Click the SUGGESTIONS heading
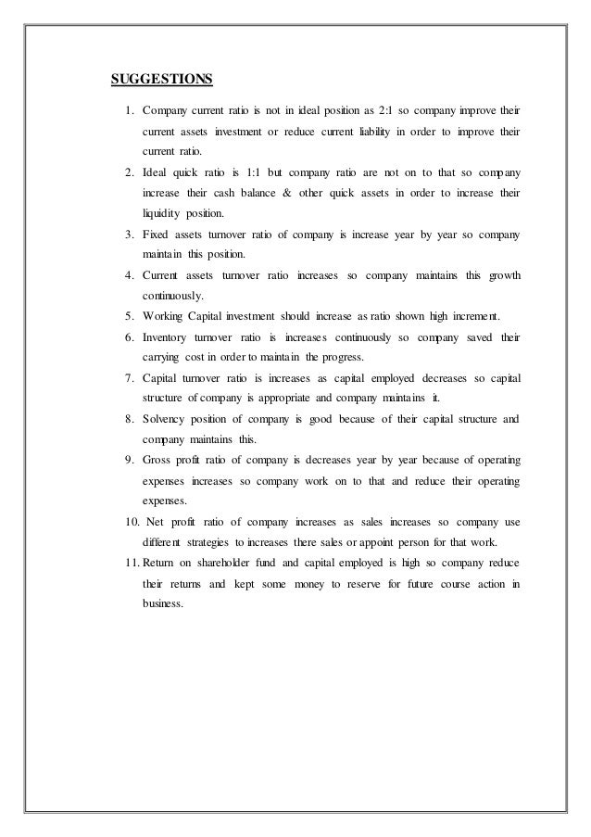pyautogui.click(x=162, y=77)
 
